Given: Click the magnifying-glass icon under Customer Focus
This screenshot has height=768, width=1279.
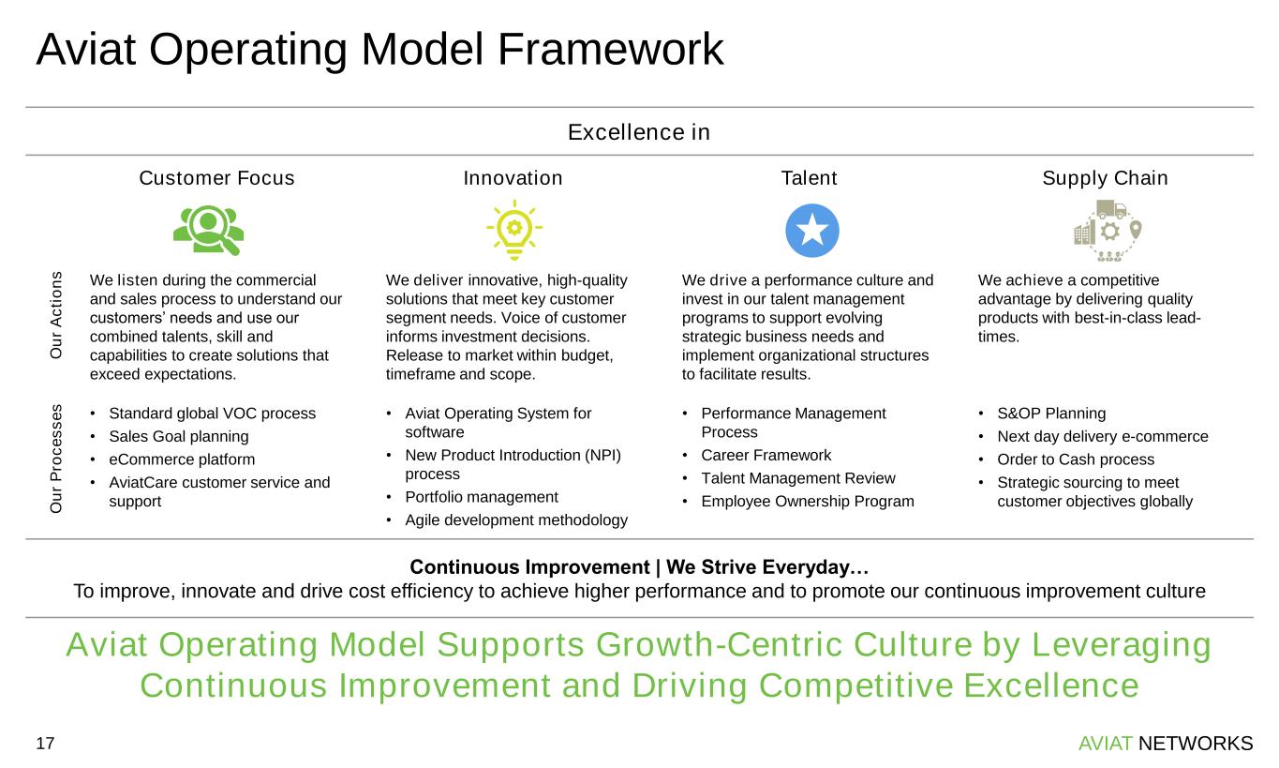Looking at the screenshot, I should tap(209, 230).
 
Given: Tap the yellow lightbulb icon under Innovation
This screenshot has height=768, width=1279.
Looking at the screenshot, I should tap(513, 230).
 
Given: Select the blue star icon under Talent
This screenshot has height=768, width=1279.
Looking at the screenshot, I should tap(812, 230).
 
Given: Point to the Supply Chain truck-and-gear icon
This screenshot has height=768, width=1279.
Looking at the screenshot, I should tap(1108, 230).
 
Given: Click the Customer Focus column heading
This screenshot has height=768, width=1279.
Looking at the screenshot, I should tap(216, 178).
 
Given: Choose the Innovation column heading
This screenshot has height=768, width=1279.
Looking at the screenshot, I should tap(513, 178).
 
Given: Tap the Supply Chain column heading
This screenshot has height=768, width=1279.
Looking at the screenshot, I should tap(1106, 178).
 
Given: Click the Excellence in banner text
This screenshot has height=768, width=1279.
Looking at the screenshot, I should tap(639, 132).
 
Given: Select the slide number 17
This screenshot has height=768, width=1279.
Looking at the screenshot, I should tap(46, 744).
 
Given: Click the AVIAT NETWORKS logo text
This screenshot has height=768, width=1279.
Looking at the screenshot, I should tap(1166, 744).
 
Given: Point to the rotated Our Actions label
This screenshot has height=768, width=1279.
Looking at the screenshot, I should tap(56, 315).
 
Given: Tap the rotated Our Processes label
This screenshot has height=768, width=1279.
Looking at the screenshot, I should tap(56, 459).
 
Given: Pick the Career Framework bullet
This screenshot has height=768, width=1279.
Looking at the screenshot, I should tap(766, 456).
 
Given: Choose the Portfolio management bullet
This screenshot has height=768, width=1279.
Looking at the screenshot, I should tap(481, 497).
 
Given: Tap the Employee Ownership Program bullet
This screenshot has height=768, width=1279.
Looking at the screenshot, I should tap(807, 502).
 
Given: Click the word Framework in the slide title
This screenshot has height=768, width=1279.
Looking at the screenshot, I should tap(612, 50).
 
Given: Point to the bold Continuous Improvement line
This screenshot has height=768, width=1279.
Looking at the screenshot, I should tap(639, 568).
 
